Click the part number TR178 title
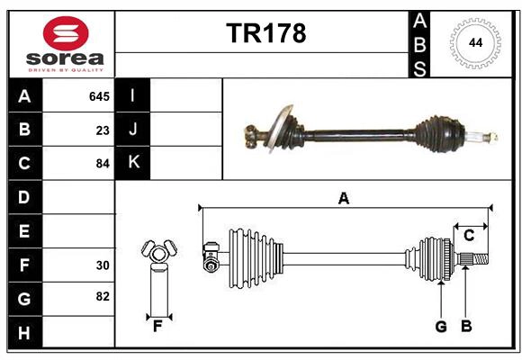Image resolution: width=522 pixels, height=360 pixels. (265, 33)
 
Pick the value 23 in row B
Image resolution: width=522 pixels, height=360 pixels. (103, 130)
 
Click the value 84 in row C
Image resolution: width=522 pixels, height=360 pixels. (103, 164)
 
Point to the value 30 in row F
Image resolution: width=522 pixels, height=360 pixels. (103, 265)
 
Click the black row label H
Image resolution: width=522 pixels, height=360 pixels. (24, 332)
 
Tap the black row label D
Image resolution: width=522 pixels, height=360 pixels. (24, 197)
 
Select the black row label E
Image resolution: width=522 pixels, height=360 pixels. (24, 231)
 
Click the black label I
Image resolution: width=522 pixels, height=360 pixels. (133, 96)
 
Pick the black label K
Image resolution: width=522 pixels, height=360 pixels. (133, 163)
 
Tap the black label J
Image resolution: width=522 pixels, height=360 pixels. (133, 130)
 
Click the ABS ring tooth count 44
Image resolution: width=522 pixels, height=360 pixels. (474, 42)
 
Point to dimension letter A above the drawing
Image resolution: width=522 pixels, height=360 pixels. (343, 199)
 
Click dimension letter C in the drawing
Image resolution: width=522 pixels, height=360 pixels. (469, 236)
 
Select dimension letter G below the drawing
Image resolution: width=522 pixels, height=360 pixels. (441, 327)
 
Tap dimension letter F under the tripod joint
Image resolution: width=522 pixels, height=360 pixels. (157, 327)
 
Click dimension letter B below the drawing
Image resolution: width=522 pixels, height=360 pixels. (466, 327)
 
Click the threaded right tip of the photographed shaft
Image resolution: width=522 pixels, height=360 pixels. (491, 137)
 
